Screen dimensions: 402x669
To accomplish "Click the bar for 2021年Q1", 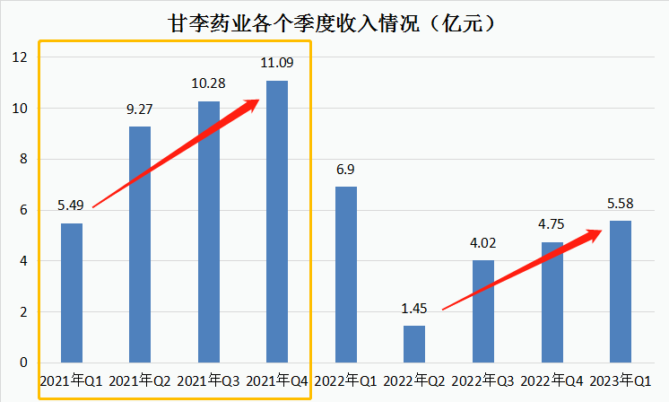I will point(72,293).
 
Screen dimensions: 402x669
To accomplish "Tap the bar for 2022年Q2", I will point(414,345).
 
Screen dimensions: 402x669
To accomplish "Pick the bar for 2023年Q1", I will point(620,292).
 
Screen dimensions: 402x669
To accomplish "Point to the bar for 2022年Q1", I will point(346,275).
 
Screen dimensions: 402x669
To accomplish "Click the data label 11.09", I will point(277,64).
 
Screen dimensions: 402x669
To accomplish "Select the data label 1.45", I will point(414,309).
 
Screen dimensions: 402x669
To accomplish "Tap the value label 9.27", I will point(140,110).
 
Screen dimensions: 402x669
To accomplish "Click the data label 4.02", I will point(483,243).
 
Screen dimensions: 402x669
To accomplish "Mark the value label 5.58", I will point(620,204).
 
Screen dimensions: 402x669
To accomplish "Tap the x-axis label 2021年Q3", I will point(209,382).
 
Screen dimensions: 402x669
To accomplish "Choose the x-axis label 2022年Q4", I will point(552,382).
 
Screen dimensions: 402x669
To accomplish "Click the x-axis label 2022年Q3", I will point(483,382).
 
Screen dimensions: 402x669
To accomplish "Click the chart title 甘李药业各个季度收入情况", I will point(333,22).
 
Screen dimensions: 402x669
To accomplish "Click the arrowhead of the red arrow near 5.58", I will point(594,234).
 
